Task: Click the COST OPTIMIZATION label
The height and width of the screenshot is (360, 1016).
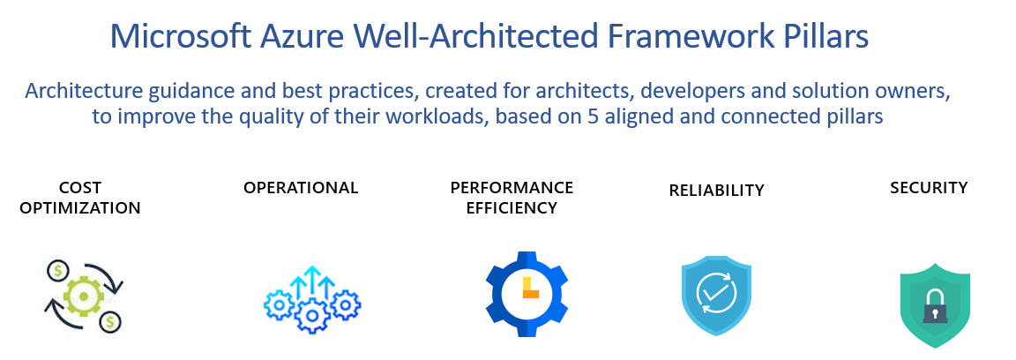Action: pos(80,198)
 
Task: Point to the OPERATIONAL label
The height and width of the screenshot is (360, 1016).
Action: pos(301,187)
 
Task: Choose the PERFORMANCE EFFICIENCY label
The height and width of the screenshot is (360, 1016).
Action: pos(512,198)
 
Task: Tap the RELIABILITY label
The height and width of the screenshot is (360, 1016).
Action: pos(716,190)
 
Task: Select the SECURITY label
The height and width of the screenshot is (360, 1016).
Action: pos(929,187)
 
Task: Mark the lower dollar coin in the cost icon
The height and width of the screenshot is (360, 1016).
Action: pos(110,322)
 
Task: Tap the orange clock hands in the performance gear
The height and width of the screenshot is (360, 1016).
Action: pos(530,289)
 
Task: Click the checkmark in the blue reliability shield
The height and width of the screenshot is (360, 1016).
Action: pos(716,291)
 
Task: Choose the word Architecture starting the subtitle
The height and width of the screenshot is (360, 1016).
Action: pos(78,90)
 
